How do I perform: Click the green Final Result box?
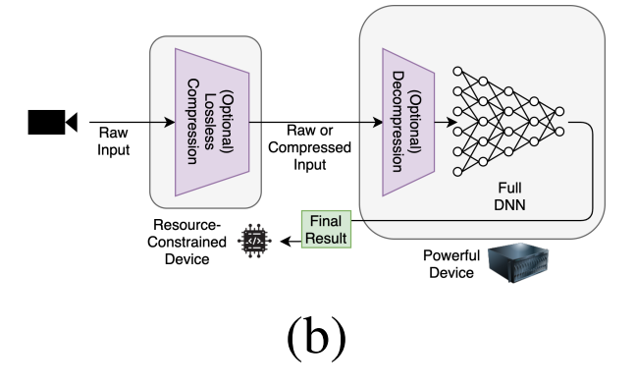(x=325, y=229)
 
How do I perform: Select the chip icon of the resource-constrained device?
(x=254, y=241)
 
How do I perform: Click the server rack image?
(x=517, y=263)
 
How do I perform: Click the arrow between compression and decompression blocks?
(x=314, y=122)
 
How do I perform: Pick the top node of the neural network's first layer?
(x=457, y=72)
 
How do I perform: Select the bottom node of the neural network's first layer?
(x=457, y=172)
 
